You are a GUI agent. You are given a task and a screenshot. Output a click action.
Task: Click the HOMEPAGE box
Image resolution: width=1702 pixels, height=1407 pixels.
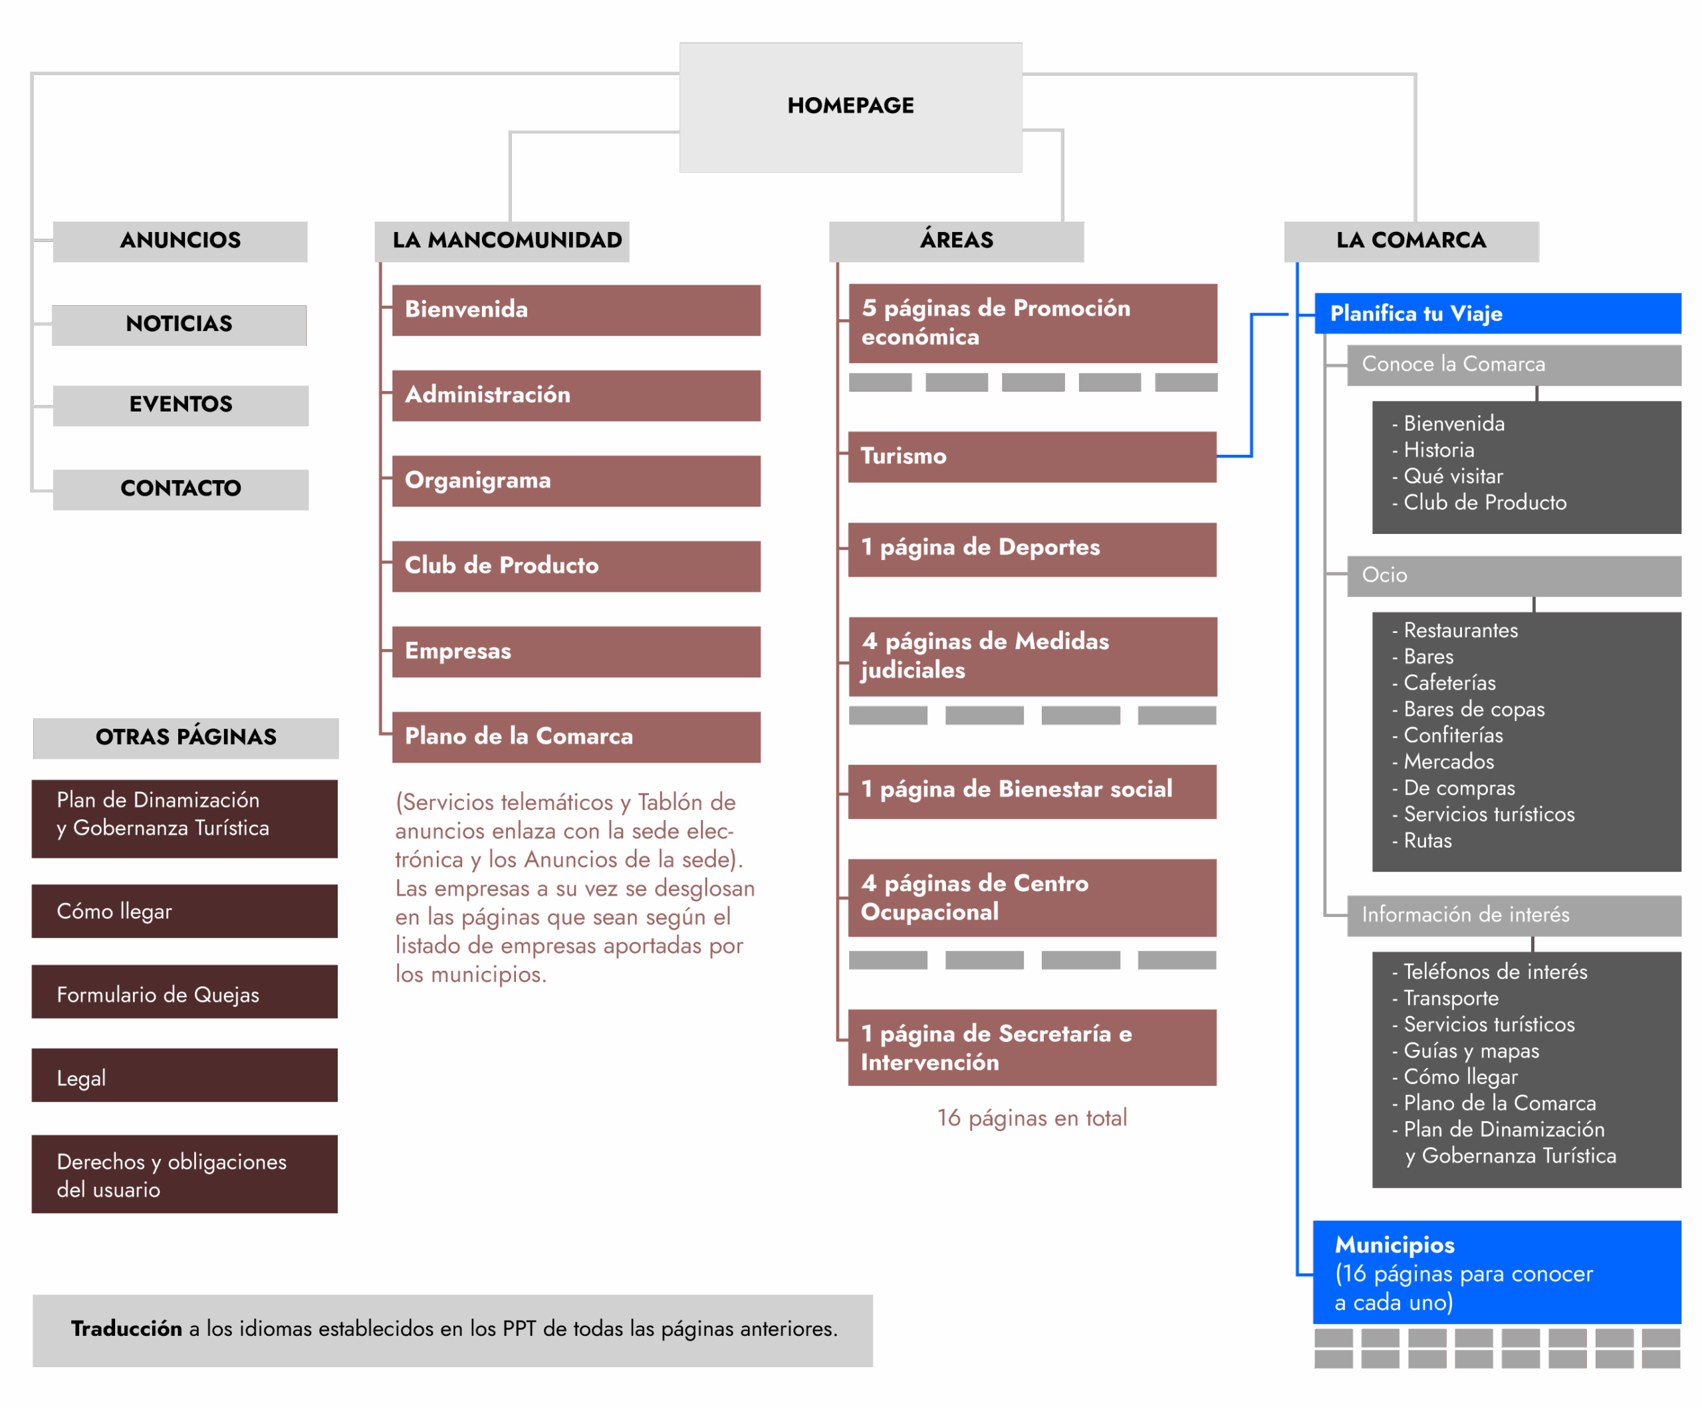[x=850, y=106]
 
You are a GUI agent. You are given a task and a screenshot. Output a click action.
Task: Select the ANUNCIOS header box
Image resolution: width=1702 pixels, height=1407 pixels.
[x=180, y=241]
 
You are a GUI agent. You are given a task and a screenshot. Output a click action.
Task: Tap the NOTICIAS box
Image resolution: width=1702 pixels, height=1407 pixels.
[x=178, y=324]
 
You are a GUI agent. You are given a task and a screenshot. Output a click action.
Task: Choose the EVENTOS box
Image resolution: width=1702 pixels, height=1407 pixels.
[x=180, y=404]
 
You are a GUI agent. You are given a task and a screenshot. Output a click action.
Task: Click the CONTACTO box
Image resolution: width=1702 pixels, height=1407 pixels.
[x=180, y=489]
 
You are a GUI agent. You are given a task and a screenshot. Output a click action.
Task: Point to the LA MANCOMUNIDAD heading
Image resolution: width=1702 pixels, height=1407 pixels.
[x=507, y=241]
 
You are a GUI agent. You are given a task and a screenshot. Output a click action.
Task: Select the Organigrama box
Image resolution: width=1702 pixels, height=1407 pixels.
[x=576, y=481]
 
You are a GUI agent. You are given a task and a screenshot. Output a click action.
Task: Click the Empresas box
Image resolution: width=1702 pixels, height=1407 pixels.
[x=576, y=651]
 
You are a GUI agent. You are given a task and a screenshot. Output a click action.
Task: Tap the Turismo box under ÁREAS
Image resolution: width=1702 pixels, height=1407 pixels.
[x=1031, y=456]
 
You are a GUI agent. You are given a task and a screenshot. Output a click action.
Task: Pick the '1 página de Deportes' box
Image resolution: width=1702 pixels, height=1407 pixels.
[x=1031, y=548]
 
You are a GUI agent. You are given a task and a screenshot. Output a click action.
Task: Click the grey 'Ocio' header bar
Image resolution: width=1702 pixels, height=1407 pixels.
[x=1513, y=575]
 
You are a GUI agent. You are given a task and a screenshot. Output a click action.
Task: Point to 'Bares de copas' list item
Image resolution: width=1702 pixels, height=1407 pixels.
[x=1473, y=709]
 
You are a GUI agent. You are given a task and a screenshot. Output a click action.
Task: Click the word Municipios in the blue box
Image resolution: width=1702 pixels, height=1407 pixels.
[x=1394, y=1245]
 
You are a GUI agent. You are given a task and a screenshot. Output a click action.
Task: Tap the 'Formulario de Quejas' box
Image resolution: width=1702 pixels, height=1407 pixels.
[x=184, y=995]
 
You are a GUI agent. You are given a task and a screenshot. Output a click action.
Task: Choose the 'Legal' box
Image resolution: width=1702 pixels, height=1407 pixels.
[x=184, y=1078]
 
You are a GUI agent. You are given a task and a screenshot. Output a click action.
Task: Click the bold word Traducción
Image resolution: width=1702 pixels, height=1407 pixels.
[x=126, y=1329]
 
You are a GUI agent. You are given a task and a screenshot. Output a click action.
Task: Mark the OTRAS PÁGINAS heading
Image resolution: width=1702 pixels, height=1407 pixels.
[x=185, y=737]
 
